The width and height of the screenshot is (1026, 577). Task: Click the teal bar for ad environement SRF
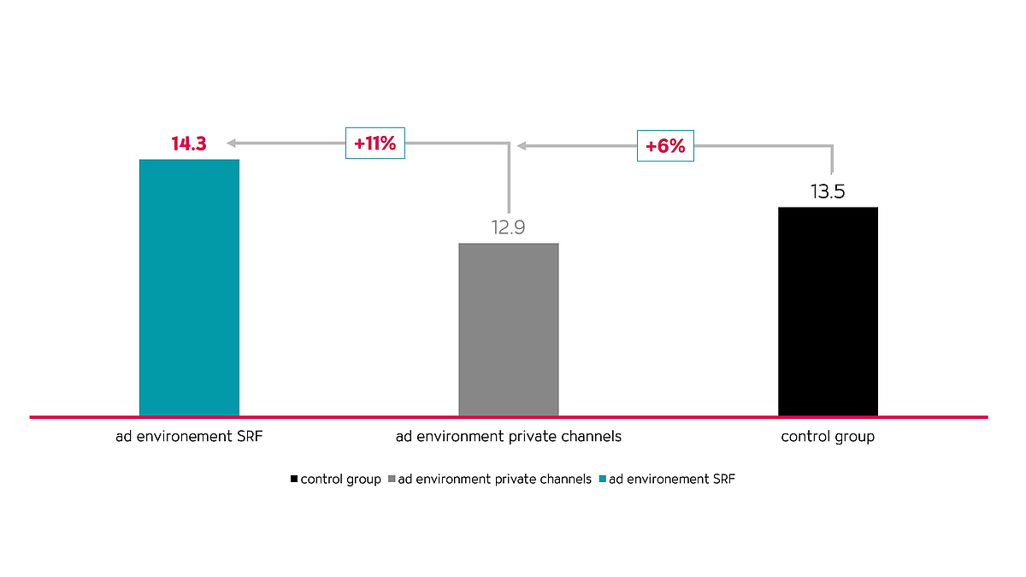(189, 287)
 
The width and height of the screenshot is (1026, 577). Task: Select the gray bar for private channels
(509, 329)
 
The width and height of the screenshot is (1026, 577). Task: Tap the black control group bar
(828, 311)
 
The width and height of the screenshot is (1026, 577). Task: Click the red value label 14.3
(189, 144)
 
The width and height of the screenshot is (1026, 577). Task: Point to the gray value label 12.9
(508, 228)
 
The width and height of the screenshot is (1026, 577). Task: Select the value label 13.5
(828, 191)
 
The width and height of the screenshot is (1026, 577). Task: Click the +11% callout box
(374, 143)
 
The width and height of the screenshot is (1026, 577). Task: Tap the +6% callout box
(665, 146)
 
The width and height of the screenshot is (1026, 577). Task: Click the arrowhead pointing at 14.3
(232, 143)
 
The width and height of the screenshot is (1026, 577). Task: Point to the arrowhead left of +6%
(522, 146)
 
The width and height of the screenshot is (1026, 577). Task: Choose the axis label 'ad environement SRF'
(189, 437)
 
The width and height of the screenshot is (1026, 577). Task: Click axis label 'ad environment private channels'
(508, 437)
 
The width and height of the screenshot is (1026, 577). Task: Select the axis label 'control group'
(828, 437)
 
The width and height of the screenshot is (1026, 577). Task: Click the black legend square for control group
(294, 480)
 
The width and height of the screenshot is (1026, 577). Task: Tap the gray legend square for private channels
(392, 480)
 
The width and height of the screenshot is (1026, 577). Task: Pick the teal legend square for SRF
(602, 480)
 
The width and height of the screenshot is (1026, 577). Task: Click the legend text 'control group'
(340, 480)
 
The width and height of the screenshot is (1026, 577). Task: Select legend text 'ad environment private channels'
(495, 480)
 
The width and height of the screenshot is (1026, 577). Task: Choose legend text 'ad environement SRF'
(671, 480)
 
